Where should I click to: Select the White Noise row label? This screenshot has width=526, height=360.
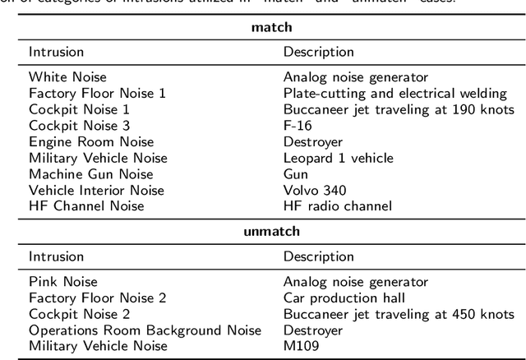click(67, 77)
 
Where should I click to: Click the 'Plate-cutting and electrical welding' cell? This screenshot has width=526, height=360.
click(389, 93)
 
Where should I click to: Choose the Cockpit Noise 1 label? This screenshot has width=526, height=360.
click(79, 109)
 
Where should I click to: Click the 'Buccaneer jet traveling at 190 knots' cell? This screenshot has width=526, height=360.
click(399, 109)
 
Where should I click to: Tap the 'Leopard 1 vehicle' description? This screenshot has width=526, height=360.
click(338, 158)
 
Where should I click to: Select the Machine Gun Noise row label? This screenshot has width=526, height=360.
click(89, 174)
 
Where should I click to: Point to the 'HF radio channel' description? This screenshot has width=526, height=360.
click(337, 206)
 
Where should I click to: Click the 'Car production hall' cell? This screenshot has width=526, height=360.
click(344, 298)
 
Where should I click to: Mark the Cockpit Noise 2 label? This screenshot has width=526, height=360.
click(79, 314)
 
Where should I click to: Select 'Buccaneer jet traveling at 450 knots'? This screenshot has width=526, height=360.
click(399, 314)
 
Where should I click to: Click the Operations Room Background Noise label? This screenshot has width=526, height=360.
click(145, 330)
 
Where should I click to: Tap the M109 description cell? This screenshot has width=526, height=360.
click(301, 346)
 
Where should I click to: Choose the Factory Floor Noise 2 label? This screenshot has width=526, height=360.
click(97, 298)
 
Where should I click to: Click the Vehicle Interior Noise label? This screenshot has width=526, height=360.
click(96, 190)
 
